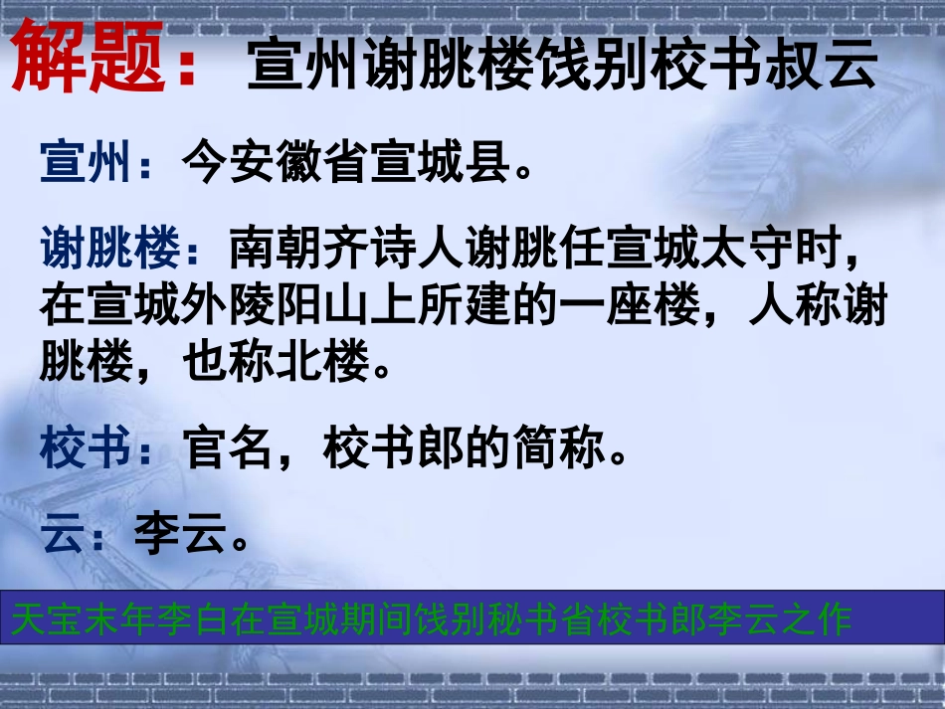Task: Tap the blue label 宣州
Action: pyautogui.click(x=86, y=163)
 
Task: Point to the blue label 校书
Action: pyautogui.click(x=86, y=450)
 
